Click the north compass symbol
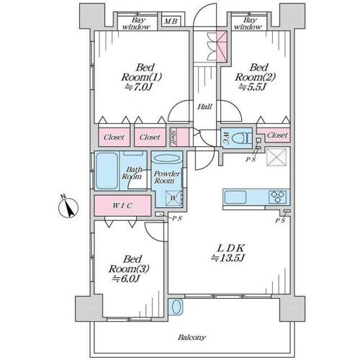pos(68,207)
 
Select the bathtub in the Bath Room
pos(107,171)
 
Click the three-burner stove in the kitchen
pos(278,197)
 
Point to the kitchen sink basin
pos(235,197)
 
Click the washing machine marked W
pos(174,198)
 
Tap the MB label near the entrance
pos(171,22)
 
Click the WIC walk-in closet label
pos(122,206)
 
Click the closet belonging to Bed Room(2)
pos(274,135)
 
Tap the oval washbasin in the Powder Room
pos(166,158)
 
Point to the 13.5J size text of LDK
pos(228,258)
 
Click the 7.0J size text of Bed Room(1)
pos(138,87)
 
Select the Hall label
pos(204,107)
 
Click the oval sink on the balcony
pos(176,307)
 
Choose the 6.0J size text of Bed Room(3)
pos(126,279)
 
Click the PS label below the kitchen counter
pos(280,220)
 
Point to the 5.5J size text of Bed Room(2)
pos(253,87)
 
